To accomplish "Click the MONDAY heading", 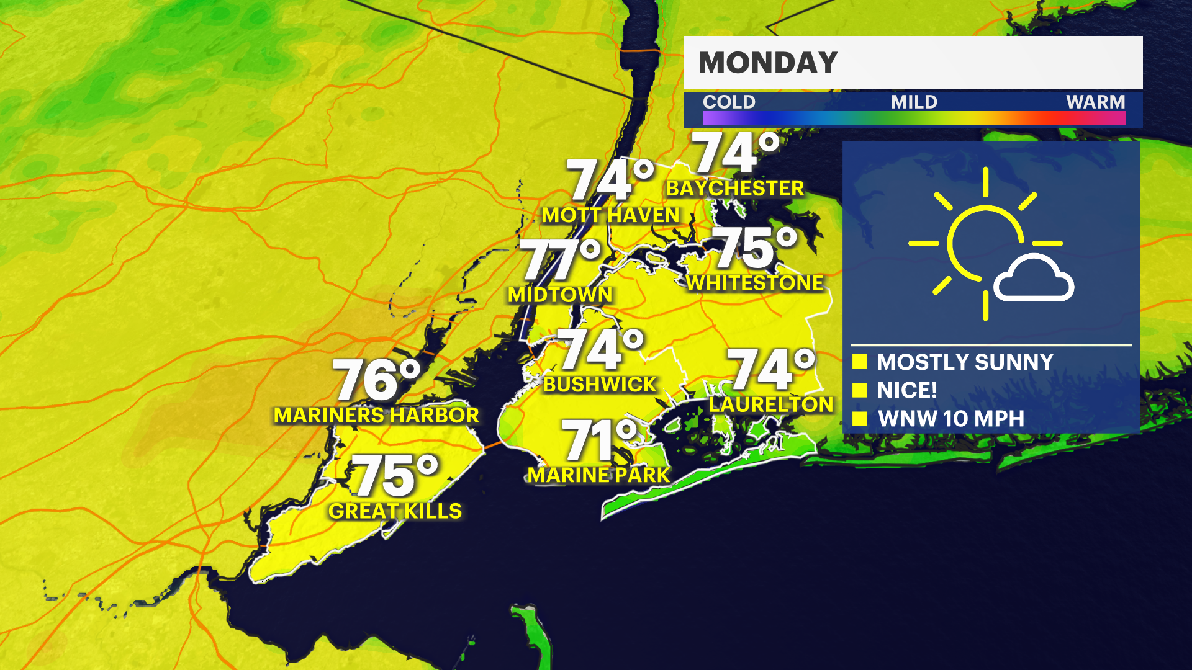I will click(x=768, y=63).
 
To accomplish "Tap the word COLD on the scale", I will click(x=729, y=102).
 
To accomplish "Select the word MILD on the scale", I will click(x=914, y=102).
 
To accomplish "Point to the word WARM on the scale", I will click(x=1095, y=102).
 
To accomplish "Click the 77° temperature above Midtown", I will click(x=561, y=260).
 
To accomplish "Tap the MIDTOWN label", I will click(x=560, y=295).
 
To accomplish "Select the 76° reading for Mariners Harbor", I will click(x=377, y=379).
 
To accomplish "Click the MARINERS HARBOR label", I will click(x=376, y=415).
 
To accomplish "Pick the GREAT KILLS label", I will click(x=395, y=511).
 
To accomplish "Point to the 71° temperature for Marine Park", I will click(x=600, y=440).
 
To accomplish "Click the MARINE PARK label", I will click(x=598, y=475).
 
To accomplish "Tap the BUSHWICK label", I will click(x=600, y=385).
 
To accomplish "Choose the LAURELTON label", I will click(x=771, y=404).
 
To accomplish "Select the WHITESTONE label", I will click(x=755, y=283).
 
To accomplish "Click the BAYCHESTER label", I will click(x=735, y=188).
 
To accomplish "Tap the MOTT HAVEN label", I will click(x=611, y=215).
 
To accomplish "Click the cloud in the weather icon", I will click(x=1033, y=280).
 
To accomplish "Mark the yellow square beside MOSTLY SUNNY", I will click(x=860, y=362).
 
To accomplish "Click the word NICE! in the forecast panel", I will click(x=906, y=390).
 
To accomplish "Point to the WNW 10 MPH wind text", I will click(x=951, y=419).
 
